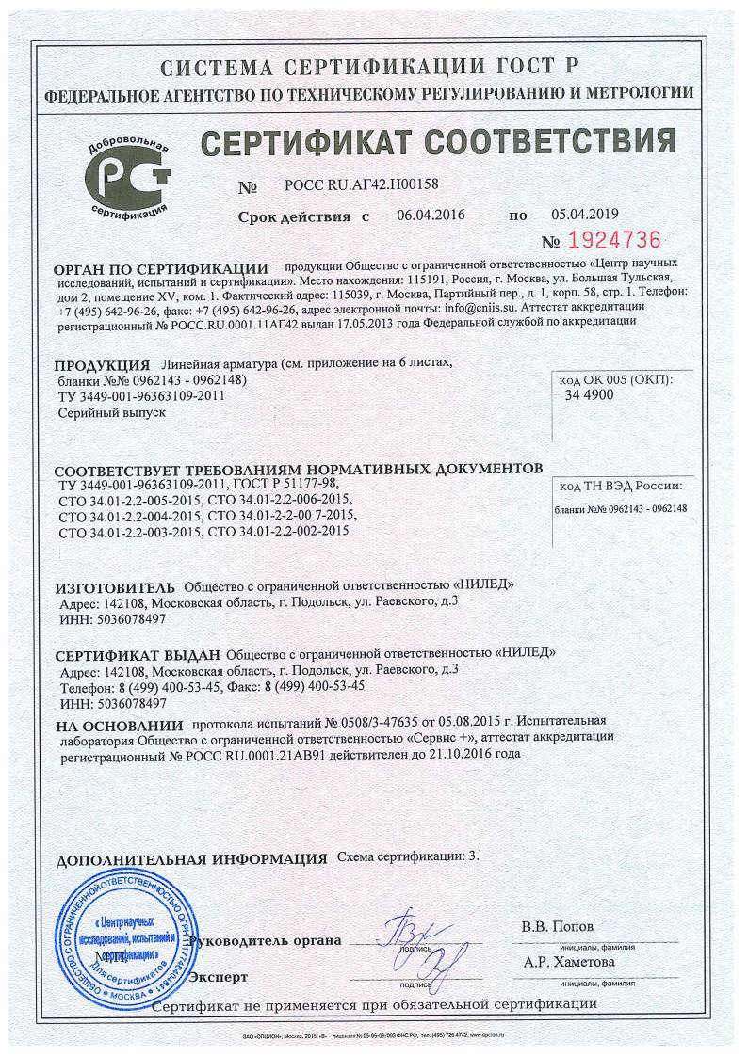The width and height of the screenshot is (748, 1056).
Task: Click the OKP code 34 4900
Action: pyautogui.click(x=590, y=395)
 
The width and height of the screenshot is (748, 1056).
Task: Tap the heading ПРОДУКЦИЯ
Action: pyautogui.click(x=102, y=365)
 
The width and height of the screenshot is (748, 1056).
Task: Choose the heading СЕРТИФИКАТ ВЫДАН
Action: pyautogui.click(x=137, y=654)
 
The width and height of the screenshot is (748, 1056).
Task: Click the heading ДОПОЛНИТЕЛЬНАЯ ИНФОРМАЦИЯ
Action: pyautogui.click(x=191, y=858)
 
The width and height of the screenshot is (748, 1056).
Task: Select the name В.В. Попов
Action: pyautogui.click(x=558, y=927)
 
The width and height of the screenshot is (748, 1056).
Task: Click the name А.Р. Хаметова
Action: pyautogui.click(x=569, y=962)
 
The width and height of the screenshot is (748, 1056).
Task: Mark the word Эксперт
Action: pyautogui.click(x=218, y=977)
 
